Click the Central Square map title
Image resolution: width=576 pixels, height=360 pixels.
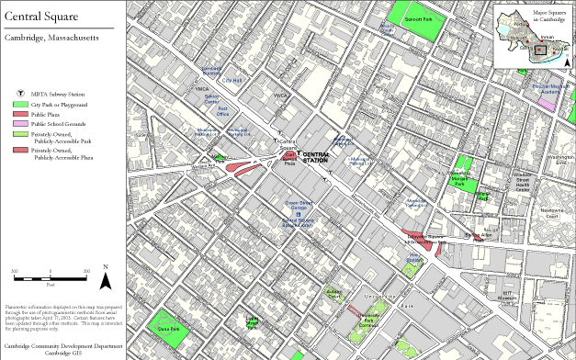[42, 16]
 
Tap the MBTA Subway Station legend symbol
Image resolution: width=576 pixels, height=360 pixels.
[21, 94]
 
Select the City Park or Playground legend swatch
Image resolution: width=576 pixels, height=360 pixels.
[21, 105]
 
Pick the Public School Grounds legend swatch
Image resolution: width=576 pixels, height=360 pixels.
[21, 123]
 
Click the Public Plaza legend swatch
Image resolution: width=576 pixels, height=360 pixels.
[21, 114]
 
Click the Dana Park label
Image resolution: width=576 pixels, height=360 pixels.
[167, 328]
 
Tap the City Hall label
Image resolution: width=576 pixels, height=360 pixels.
[232, 80]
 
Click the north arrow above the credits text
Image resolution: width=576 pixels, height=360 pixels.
[106, 273]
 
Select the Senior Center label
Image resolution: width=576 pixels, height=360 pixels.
[212, 98]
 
